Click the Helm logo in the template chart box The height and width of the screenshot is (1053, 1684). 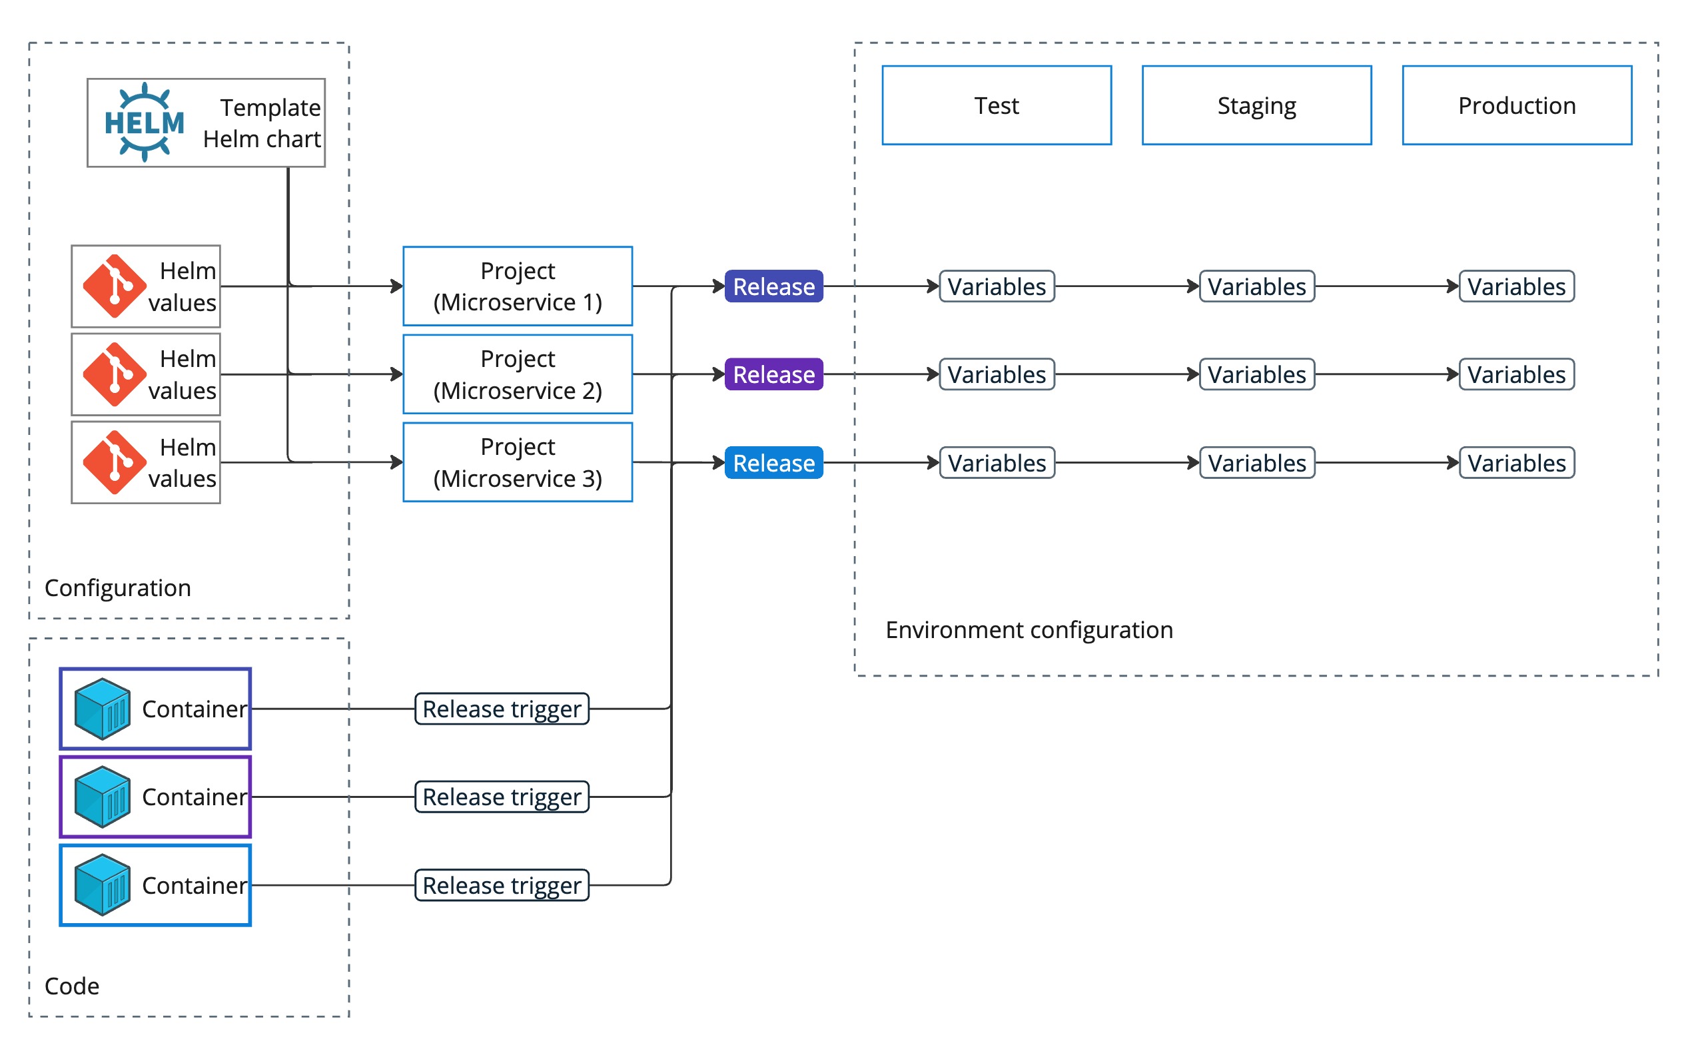[x=144, y=123]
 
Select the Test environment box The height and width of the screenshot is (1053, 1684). [x=996, y=105]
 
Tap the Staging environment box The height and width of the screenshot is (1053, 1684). [x=1256, y=105]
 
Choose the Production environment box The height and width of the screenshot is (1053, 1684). [x=1516, y=105]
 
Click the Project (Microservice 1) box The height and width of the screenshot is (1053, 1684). [x=518, y=286]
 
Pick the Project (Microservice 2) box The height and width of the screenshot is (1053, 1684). [x=518, y=374]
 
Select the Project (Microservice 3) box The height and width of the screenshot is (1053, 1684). [x=518, y=462]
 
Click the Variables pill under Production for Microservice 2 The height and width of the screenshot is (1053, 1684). [x=1516, y=375]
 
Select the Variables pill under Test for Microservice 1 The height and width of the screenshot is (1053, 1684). [x=996, y=286]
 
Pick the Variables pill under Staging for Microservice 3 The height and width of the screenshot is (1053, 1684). [x=1256, y=463]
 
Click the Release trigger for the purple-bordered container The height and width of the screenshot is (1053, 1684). [x=502, y=797]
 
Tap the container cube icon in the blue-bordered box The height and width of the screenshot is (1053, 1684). [x=103, y=884]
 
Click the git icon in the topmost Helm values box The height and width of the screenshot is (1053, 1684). [x=114, y=286]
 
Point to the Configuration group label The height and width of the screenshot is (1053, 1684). [x=118, y=588]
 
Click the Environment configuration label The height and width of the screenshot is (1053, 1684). [x=1029, y=629]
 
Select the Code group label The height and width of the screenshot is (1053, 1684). [x=72, y=986]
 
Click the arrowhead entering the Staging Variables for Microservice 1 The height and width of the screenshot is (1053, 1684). [x=1193, y=286]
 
